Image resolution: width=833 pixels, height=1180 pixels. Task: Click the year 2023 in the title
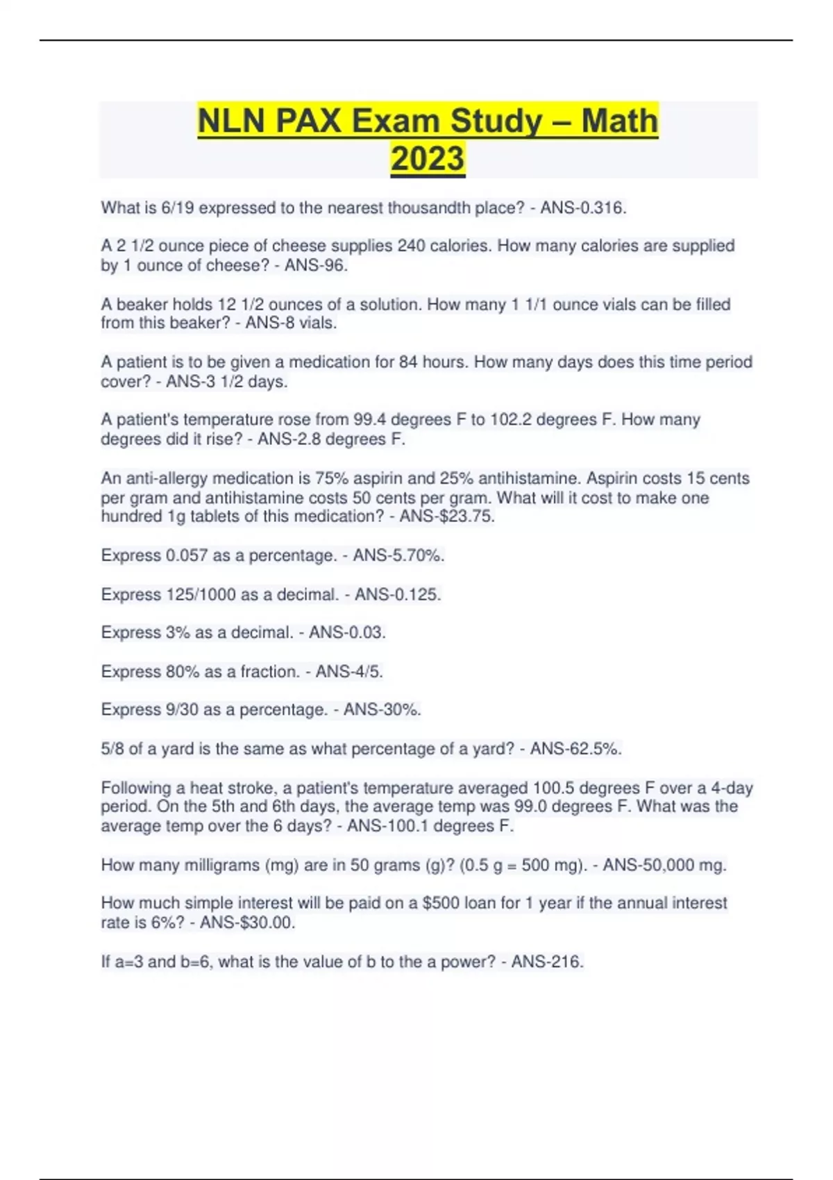pos(428,158)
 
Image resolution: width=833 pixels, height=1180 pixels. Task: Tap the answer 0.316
pos(603,208)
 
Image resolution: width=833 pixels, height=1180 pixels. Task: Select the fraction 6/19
pos(178,208)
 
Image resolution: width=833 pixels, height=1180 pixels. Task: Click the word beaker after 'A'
pos(142,304)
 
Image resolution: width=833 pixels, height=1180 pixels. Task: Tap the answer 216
pos(568,961)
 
